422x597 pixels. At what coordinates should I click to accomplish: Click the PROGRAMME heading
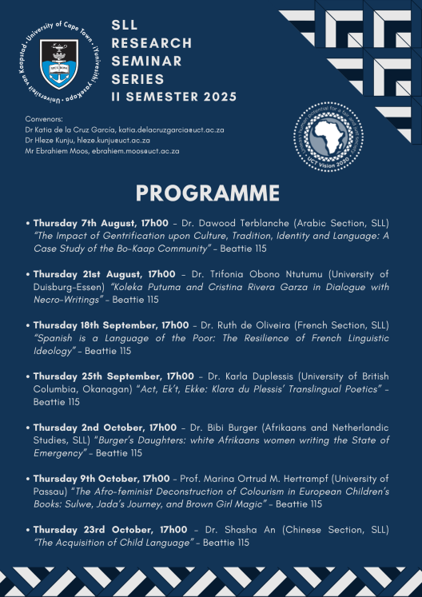click(x=208, y=193)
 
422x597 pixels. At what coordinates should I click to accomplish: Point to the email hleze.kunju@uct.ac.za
click(x=116, y=139)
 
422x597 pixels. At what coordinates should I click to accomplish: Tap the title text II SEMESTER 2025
click(x=174, y=98)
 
